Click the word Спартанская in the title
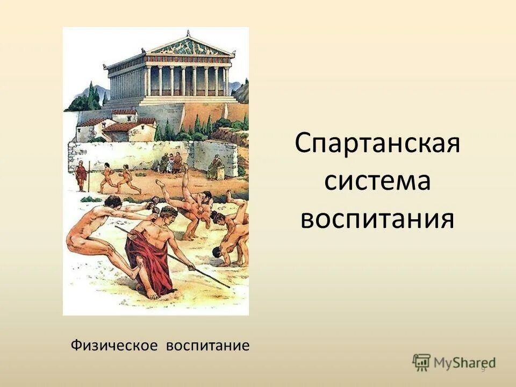tap(377, 145)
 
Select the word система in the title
tap(377, 182)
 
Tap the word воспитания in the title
tap(377, 219)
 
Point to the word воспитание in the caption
tap(208, 345)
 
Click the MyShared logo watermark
tap(454, 362)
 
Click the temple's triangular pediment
tap(189, 47)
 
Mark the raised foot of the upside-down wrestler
tap(185, 167)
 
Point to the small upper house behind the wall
tap(124, 114)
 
